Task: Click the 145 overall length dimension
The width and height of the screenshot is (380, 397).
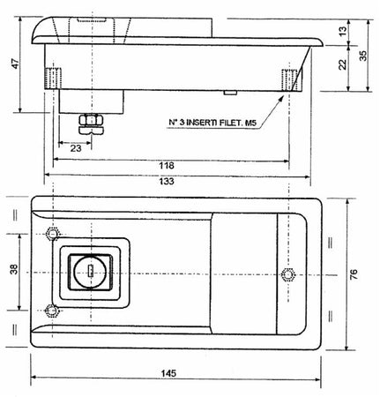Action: point(168,373)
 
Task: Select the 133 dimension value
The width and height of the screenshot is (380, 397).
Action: point(167,181)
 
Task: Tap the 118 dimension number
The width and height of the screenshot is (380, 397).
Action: point(167,166)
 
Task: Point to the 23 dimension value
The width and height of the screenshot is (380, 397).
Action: point(76,148)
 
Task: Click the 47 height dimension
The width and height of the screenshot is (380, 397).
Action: point(15,64)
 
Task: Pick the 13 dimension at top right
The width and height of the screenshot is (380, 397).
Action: point(343,32)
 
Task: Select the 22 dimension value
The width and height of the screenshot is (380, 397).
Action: point(343,64)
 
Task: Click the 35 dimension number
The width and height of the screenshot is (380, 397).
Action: point(363,56)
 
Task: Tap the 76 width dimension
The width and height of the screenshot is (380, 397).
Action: point(354,274)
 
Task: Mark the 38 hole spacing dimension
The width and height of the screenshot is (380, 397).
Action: point(14,269)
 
